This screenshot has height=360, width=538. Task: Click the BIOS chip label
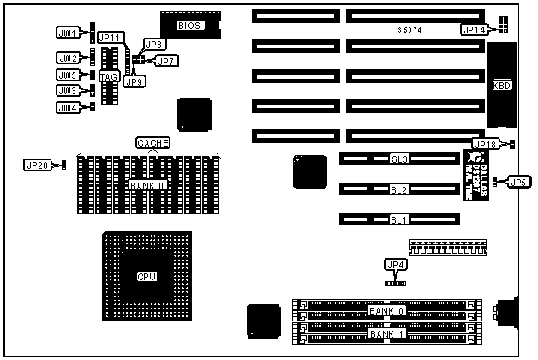point(189,26)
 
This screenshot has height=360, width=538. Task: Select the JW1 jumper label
point(67,33)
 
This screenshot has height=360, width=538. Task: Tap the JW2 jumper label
point(67,57)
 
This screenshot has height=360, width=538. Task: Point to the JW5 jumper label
point(67,75)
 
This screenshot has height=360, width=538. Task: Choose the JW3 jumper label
point(67,90)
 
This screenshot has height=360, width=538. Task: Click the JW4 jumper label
point(67,107)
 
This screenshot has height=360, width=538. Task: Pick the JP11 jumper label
point(110,37)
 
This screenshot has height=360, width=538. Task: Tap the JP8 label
point(155,44)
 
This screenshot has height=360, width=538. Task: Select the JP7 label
point(166,61)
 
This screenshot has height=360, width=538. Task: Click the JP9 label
point(134,81)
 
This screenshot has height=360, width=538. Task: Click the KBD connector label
point(501,86)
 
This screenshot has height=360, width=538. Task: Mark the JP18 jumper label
point(486,144)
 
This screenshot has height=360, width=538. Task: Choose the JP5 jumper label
point(517,182)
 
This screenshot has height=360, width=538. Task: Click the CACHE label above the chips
point(153,142)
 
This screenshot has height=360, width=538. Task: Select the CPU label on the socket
point(147,276)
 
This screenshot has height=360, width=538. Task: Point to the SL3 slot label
point(399,159)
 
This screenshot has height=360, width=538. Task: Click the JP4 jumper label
point(395,264)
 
